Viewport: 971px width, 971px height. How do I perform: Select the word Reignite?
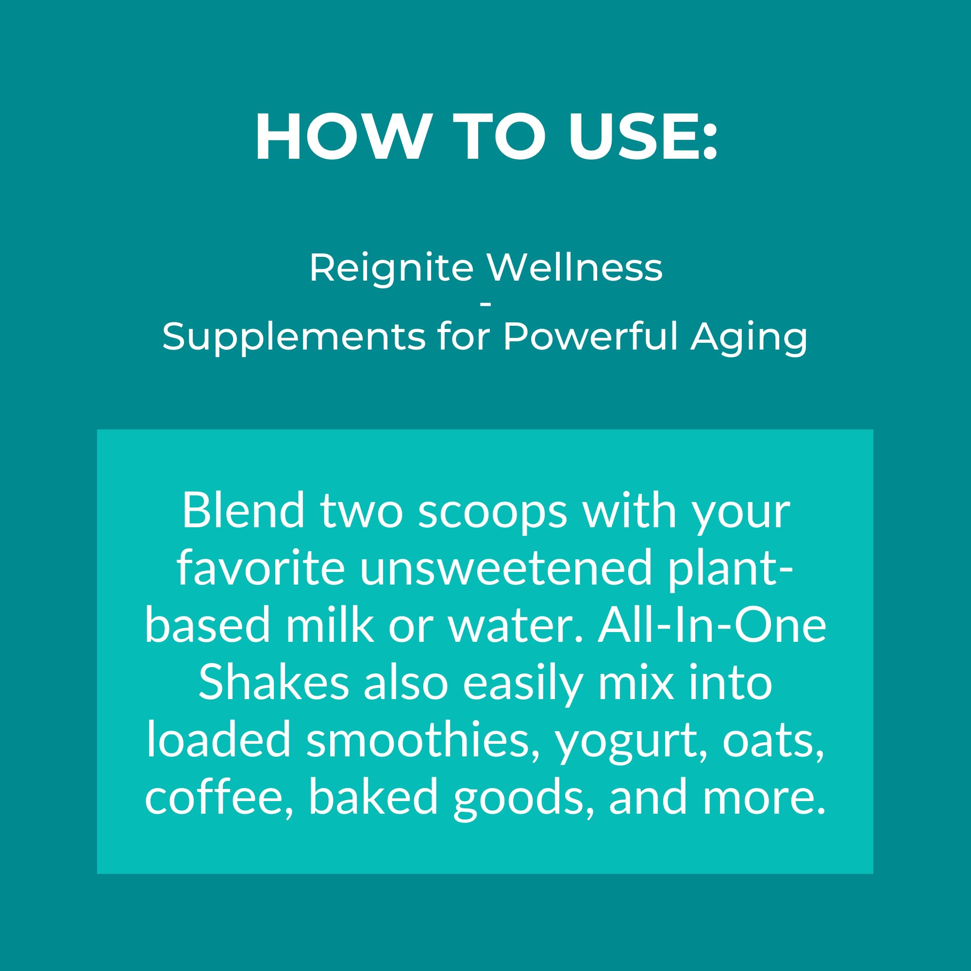[x=391, y=268]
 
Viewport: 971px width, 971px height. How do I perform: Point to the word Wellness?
[x=575, y=268]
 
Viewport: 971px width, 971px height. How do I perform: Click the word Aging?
[x=749, y=337]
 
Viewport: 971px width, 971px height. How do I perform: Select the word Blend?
[x=244, y=511]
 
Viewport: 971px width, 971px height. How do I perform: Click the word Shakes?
[x=274, y=683]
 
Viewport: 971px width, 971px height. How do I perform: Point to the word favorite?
[x=261, y=568]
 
